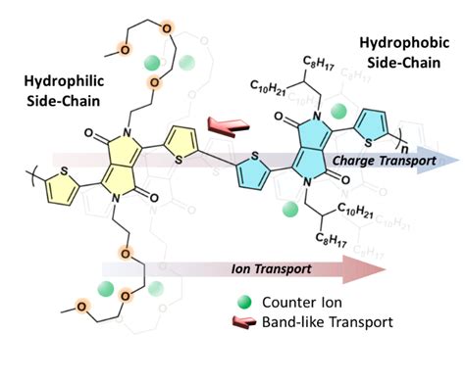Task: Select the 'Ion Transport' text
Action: (x=258, y=267)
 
